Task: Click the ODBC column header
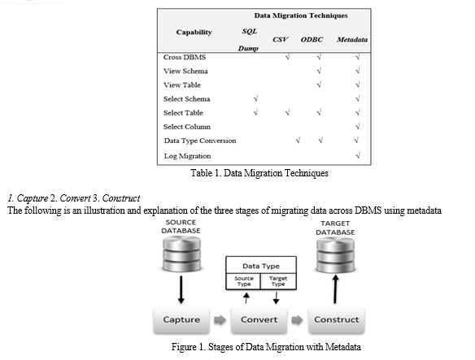pos(312,40)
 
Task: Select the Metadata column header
pos(352,40)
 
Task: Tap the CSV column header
pos(280,40)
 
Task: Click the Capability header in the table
pos(194,32)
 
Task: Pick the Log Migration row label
pos(188,156)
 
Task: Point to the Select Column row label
pos(187,127)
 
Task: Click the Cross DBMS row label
pos(185,57)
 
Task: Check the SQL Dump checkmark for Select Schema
pos(255,98)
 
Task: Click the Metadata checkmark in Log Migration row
pos(358,156)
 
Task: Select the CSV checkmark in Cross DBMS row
pos(287,57)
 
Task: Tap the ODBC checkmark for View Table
pos(319,85)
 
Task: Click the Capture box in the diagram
pos(181,320)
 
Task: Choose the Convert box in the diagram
pos(259,320)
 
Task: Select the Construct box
pos(337,320)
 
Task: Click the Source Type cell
pos(243,281)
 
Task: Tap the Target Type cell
pos(278,281)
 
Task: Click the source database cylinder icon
pos(181,254)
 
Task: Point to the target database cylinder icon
pos(335,255)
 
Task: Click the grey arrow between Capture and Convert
pos(220,319)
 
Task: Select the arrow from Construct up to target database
pos(335,289)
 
